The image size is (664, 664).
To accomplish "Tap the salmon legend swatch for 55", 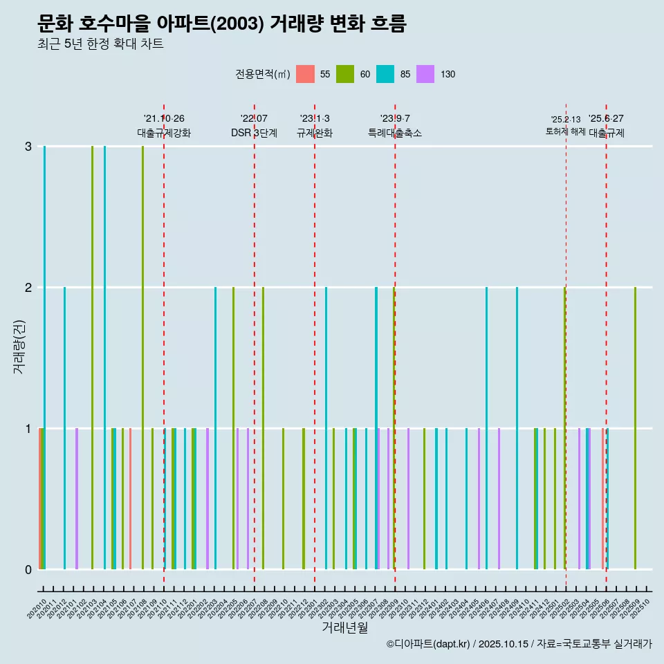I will (x=305, y=74).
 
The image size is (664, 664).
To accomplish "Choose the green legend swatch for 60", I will (x=345, y=74).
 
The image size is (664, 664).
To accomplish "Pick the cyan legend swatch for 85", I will (x=385, y=74).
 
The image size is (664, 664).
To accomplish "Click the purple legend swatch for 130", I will (x=425, y=74).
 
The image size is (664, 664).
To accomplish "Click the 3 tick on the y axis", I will (x=28, y=147).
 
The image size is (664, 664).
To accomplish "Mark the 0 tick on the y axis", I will (x=28, y=569).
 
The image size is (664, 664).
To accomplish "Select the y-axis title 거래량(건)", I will (x=19, y=347).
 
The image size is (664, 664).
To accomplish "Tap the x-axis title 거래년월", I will (x=344, y=627).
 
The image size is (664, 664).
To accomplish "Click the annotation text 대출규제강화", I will (x=164, y=133).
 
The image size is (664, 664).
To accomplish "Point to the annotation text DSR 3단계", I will (x=254, y=133).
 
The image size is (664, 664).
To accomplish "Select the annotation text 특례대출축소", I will (x=395, y=133).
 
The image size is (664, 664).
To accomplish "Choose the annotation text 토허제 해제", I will (x=565, y=131).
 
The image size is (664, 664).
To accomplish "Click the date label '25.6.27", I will (x=606, y=118).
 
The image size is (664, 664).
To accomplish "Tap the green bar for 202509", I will (x=635, y=429).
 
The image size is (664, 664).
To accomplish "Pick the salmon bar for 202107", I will (x=130, y=499).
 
